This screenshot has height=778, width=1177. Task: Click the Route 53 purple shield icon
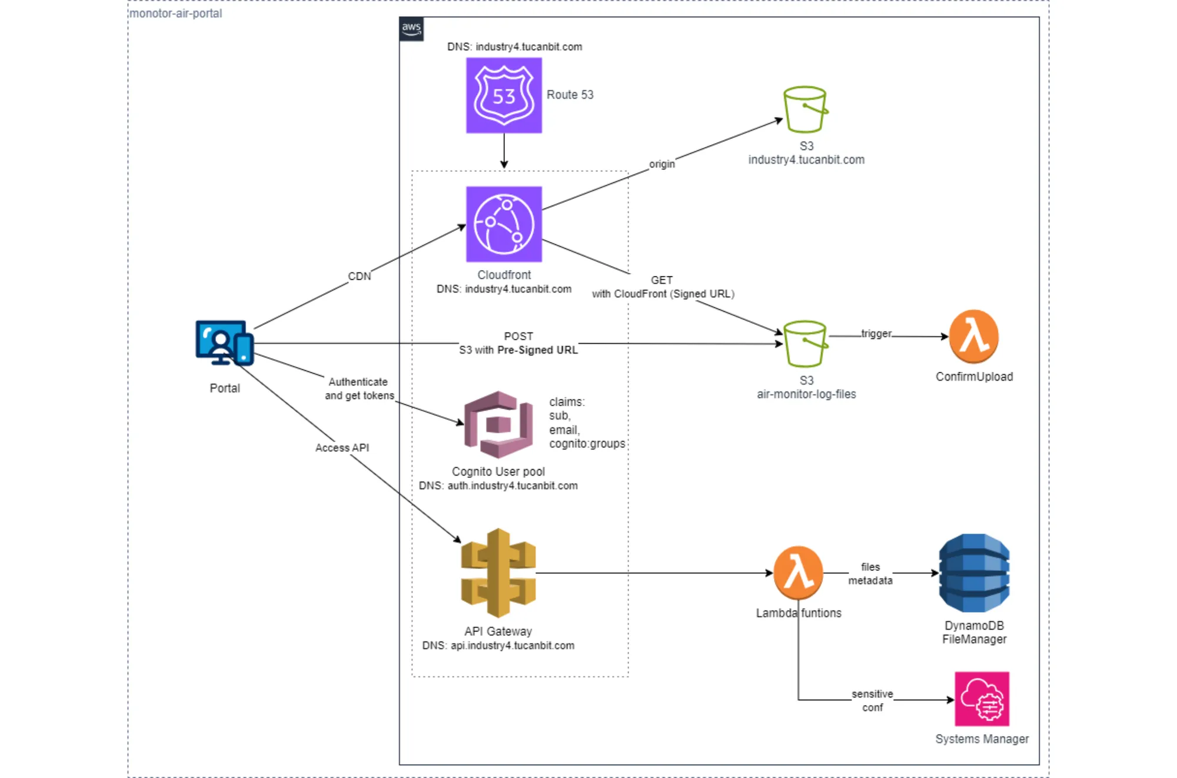tap(504, 95)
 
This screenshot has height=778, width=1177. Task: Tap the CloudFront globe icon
tap(504, 224)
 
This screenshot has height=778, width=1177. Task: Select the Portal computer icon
tap(224, 343)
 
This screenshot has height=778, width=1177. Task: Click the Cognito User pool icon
tap(498, 424)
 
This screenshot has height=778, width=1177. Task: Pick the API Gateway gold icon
tap(498, 573)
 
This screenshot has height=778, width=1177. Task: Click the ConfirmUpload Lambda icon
tap(974, 337)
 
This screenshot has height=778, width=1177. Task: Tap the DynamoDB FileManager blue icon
tap(974, 573)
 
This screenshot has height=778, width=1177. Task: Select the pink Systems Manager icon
tap(982, 699)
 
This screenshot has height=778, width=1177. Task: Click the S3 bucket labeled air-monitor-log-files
tap(805, 344)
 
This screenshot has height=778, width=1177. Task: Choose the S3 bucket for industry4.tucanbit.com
tap(805, 109)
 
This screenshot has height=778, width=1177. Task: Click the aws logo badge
tap(411, 28)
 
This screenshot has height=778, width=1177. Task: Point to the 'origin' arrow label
tap(662, 164)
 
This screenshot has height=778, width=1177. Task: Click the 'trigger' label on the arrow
tap(876, 334)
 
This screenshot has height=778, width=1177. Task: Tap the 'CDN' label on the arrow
tap(360, 276)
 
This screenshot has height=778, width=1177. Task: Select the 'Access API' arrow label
tap(342, 448)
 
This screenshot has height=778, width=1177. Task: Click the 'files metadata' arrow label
tap(870, 574)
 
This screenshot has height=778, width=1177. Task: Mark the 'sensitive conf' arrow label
tap(872, 701)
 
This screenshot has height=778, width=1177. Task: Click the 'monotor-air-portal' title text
tap(175, 13)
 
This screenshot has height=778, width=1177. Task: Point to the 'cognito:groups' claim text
tap(587, 444)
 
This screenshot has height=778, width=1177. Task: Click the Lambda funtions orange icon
tap(798, 573)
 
